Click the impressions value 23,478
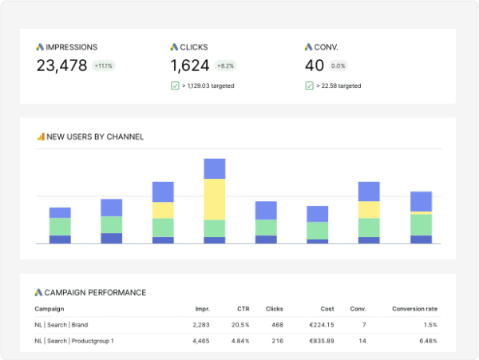(x=61, y=66)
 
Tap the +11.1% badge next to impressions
(x=103, y=66)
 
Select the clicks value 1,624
(x=190, y=66)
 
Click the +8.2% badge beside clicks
(x=224, y=66)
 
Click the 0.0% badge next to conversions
(x=338, y=66)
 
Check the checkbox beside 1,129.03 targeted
(x=175, y=85)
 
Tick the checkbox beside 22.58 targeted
(x=309, y=85)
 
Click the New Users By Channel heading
(x=94, y=136)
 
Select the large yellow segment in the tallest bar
(x=215, y=199)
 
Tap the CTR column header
(x=243, y=309)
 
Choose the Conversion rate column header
(x=414, y=309)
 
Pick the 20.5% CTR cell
(x=239, y=325)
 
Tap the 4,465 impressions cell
(x=201, y=342)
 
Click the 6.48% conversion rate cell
(x=426, y=342)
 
